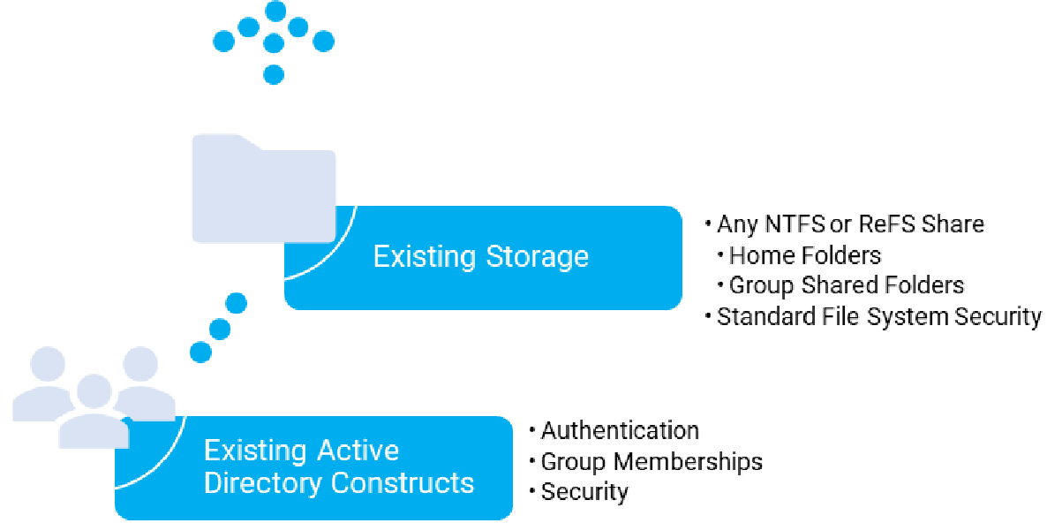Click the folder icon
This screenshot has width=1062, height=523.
(x=263, y=189)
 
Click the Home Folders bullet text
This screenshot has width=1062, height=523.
(x=805, y=255)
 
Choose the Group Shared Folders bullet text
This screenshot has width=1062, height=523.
(x=846, y=285)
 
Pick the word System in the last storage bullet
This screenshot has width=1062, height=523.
(x=922, y=316)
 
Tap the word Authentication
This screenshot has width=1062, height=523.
(x=620, y=430)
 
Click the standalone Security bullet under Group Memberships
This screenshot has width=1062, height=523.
(x=584, y=492)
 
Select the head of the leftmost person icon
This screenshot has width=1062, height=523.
(x=47, y=363)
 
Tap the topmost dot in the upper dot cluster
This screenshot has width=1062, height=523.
(x=275, y=11)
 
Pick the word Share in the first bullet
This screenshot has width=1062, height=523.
(x=953, y=224)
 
